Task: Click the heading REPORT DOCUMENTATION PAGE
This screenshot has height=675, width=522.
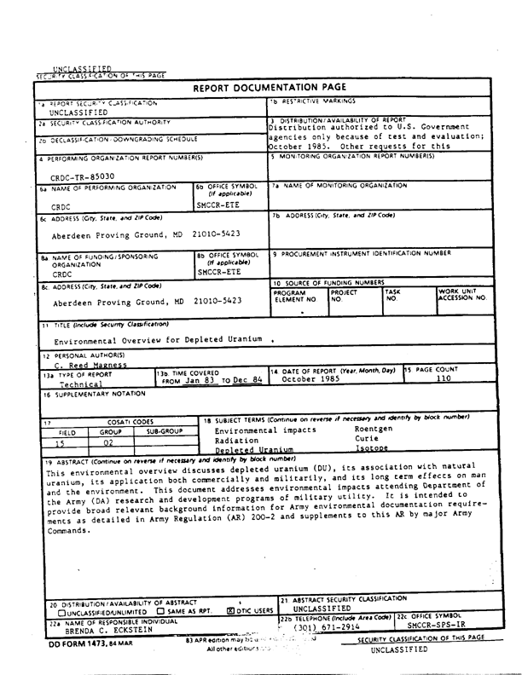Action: [267, 88]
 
